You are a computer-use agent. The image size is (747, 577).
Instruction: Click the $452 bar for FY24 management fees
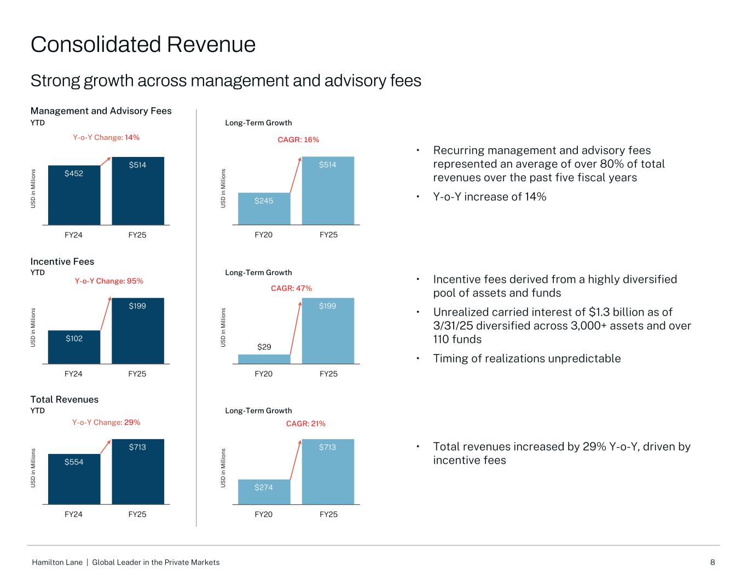coord(74,195)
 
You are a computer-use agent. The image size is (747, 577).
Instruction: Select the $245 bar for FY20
coord(264,208)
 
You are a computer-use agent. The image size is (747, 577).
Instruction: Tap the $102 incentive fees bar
coord(74,347)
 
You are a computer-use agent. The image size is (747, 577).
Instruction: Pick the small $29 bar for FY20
coord(264,359)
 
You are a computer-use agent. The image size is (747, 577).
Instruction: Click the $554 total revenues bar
coord(74,479)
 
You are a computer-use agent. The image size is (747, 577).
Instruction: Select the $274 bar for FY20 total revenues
coord(264,492)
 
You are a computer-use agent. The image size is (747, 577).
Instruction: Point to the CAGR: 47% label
coord(292,288)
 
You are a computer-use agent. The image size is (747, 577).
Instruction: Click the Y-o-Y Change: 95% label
coord(109,281)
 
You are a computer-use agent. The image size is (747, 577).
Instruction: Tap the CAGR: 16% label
coord(298,140)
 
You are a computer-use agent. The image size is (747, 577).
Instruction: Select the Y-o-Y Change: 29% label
coord(106,422)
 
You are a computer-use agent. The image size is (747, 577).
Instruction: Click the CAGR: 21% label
coord(305,423)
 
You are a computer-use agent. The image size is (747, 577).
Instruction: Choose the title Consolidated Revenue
coord(143,44)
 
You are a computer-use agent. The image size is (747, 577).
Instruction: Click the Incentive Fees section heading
coord(62,261)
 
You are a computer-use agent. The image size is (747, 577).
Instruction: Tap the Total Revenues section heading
coord(65,399)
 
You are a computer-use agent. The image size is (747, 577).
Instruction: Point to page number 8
coord(713,562)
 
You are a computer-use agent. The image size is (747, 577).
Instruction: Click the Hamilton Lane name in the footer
coord(57,562)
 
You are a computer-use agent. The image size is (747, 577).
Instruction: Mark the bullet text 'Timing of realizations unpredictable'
coord(527,359)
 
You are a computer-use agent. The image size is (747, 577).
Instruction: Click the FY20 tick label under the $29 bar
coord(264,374)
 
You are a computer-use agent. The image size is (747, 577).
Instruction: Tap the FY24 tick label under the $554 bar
coord(73,514)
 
